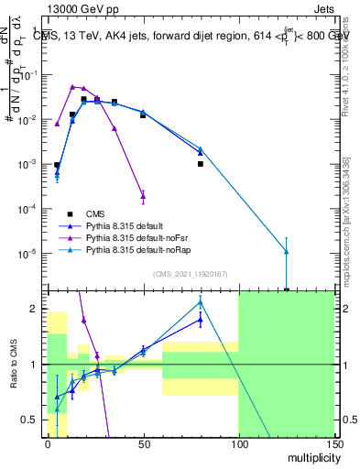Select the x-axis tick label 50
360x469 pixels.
pos(143,443)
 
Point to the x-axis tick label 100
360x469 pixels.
pos(238,443)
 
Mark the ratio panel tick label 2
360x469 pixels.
pos(36,309)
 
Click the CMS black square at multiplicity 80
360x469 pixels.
pos(200,164)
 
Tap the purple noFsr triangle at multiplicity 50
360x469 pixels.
pos(143,195)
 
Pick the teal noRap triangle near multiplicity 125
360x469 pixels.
pos(287,251)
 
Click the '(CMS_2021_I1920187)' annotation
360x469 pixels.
pos(191,274)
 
